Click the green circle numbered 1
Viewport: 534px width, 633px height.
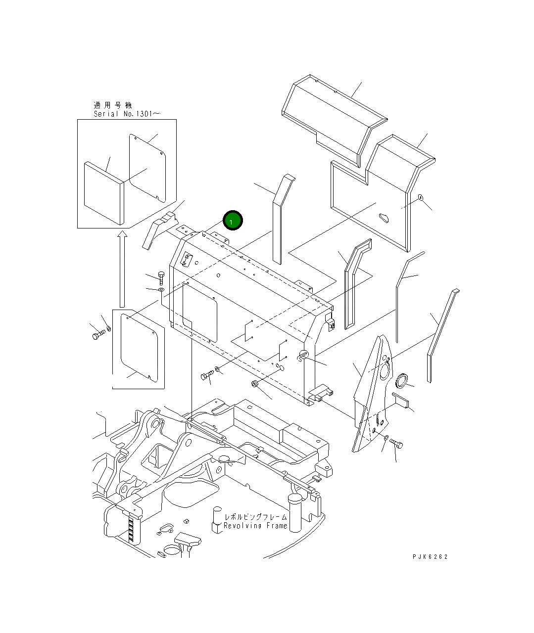tap(233, 221)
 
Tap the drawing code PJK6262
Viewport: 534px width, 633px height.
tap(430, 556)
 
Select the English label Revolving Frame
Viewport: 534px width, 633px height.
tap(255, 526)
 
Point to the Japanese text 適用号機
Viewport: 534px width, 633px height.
tap(113, 105)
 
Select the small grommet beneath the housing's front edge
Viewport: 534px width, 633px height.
tap(256, 384)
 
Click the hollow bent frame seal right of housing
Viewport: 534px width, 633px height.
tap(355, 282)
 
